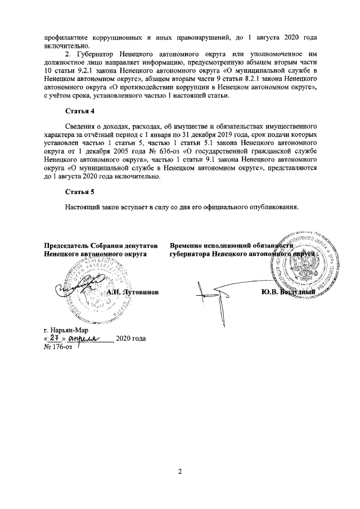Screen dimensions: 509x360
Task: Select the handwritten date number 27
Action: pyautogui.click(x=54, y=337)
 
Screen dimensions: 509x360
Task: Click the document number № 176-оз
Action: pyautogui.click(x=58, y=346)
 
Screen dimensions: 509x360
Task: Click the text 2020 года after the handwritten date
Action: pyautogui.click(x=130, y=339)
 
